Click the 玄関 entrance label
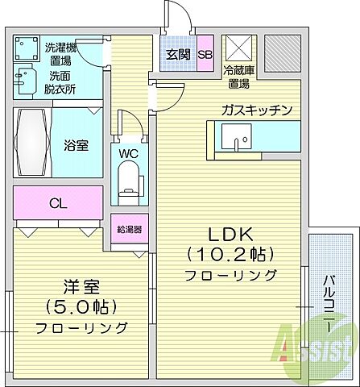pyautogui.click(x=177, y=55)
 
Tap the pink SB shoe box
pyautogui.click(x=205, y=55)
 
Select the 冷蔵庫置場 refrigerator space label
pyautogui.click(x=239, y=76)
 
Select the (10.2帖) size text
pyautogui.click(x=231, y=255)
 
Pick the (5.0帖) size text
pyautogui.click(x=81, y=307)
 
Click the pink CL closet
pyautogui.click(x=57, y=202)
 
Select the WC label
pyautogui.click(x=128, y=152)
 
